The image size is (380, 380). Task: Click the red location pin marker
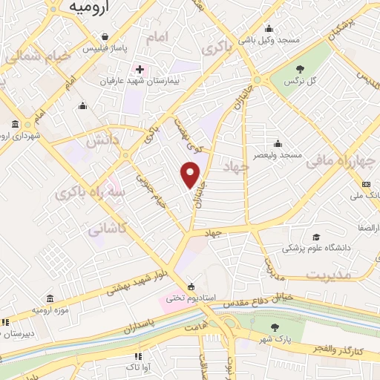[191, 174]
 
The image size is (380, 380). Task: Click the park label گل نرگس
[301, 80]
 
